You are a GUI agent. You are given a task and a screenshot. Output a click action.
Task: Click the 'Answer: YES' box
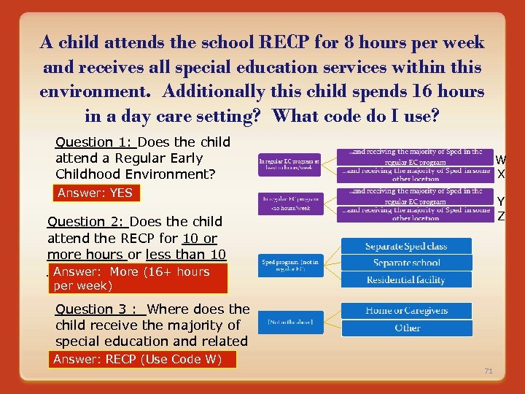[x=96, y=193]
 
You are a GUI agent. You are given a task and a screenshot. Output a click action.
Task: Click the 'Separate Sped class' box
[x=406, y=247]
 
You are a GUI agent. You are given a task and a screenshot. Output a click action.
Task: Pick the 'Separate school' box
[x=406, y=263]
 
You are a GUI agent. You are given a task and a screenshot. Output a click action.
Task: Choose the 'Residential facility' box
[x=406, y=279]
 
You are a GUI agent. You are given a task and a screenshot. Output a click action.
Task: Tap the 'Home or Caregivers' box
[x=406, y=311]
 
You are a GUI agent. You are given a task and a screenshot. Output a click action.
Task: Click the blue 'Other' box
[x=406, y=328]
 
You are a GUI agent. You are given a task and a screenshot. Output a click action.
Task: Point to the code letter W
[x=501, y=160]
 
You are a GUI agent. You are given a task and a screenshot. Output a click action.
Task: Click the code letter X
[x=501, y=174]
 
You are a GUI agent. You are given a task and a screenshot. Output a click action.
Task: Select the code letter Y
[x=501, y=201]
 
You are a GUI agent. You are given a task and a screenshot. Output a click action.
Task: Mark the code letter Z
[x=501, y=215]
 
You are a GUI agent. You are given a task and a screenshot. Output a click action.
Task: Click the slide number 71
[x=489, y=371]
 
